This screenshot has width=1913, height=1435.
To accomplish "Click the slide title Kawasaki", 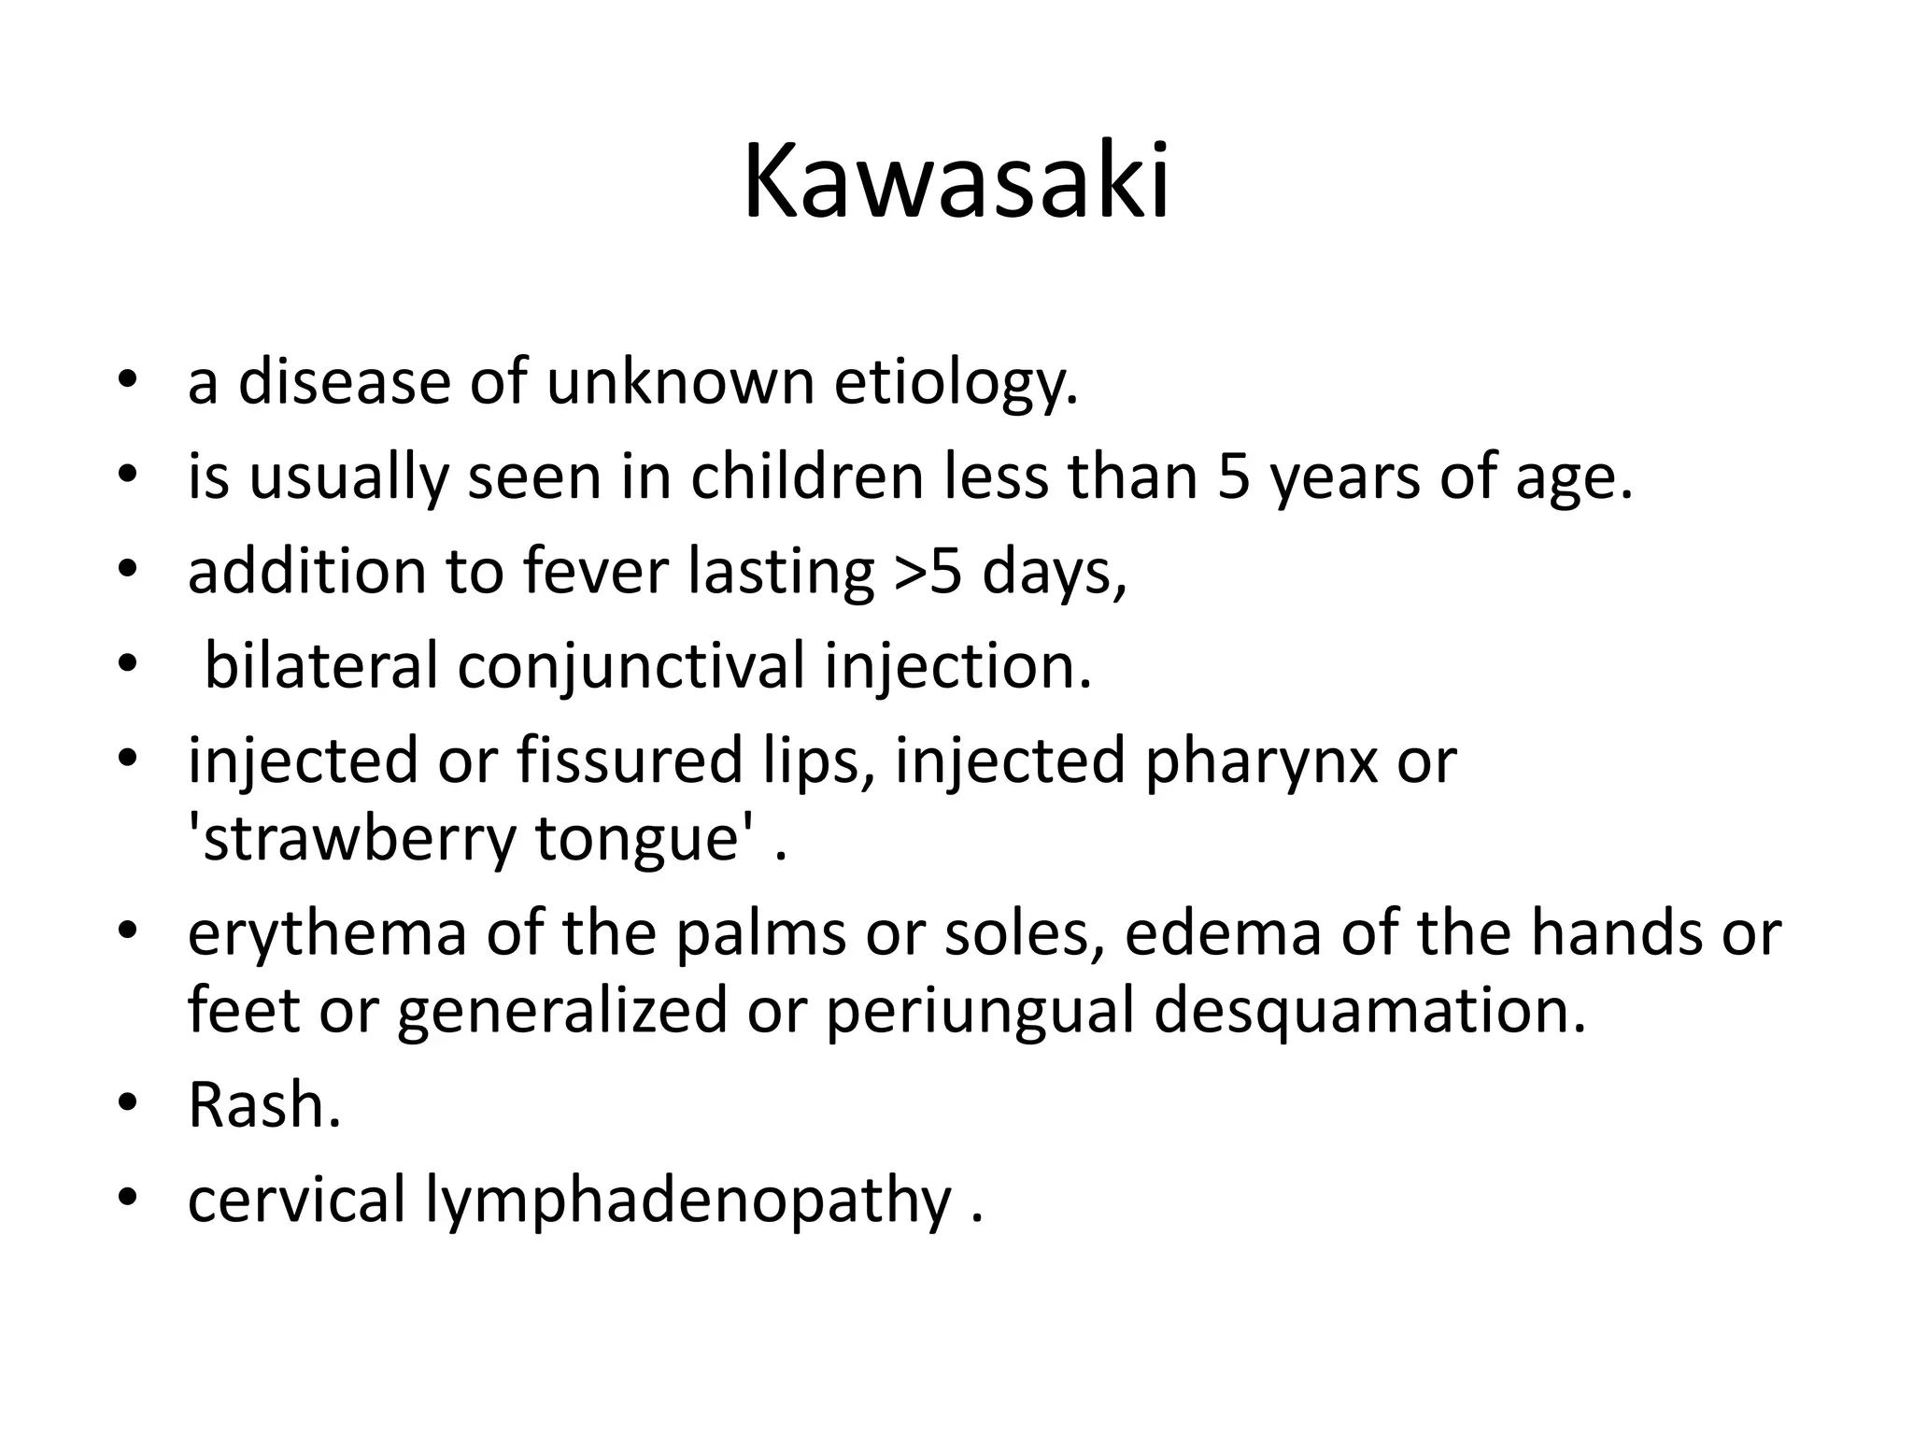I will tap(956, 181).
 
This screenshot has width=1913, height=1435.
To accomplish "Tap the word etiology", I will tap(956, 383).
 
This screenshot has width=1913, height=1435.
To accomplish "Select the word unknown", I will tap(681, 383).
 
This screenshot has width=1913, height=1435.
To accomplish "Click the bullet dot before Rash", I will tap(128, 1104).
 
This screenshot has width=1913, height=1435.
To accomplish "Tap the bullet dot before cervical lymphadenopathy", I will tap(128, 1199).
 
